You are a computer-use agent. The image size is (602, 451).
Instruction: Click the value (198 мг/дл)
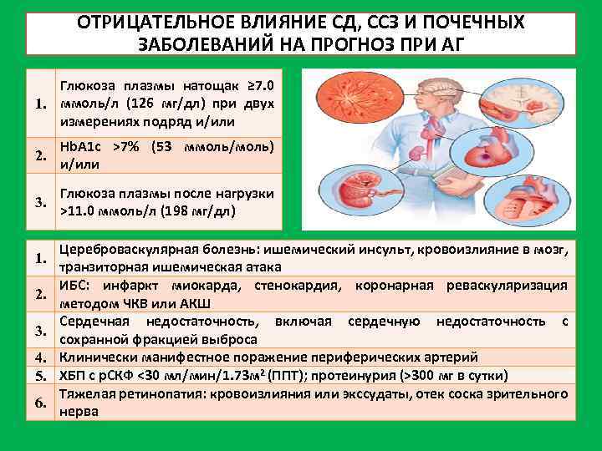(202, 210)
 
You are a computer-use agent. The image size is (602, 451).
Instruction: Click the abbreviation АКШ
(195, 302)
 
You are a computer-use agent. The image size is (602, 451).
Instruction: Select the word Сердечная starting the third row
(94, 321)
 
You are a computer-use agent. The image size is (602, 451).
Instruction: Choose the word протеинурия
(374, 373)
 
